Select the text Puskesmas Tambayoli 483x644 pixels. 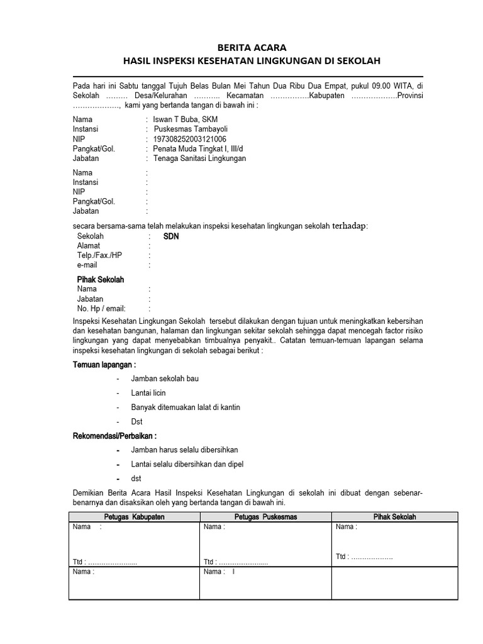190,130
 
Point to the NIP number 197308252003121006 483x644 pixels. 190,139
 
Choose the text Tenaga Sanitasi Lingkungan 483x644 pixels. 199,158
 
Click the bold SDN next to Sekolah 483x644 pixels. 171,236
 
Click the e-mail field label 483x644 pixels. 87,265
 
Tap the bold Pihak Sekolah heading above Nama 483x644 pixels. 101,279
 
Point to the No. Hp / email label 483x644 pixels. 101,309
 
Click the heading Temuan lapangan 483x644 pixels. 104,365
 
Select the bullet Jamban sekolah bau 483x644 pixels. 165,379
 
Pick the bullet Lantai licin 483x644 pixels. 148,393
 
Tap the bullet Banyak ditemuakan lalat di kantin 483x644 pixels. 186,408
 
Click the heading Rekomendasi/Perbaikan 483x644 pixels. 114,436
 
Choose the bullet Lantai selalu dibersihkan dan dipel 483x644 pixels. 187,464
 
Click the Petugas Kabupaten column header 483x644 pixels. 134,517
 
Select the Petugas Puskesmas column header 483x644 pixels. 265,517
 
